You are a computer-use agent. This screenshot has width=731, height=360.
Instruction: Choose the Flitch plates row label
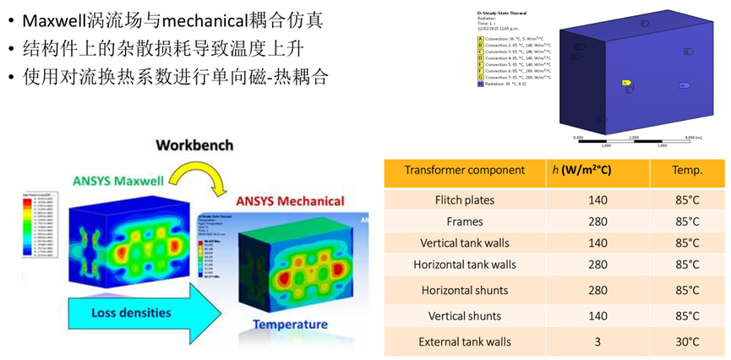point(465,200)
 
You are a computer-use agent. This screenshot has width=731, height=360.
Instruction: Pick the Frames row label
point(465,221)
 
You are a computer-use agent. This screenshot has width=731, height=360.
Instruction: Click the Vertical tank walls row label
point(465,243)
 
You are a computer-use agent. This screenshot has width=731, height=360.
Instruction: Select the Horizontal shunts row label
point(465,290)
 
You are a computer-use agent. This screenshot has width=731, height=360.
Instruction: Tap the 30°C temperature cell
point(687,341)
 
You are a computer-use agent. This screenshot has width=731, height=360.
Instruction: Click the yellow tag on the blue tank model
point(626,83)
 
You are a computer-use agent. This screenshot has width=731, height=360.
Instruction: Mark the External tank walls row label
point(465,341)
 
